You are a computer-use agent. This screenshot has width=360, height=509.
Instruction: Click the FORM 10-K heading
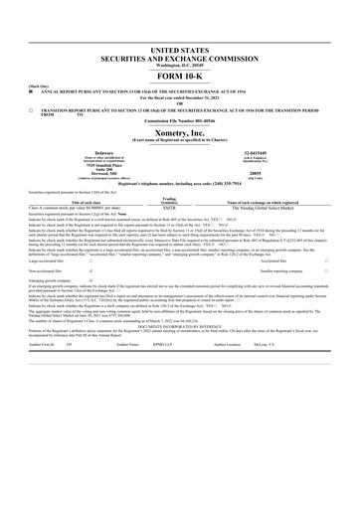click(x=179, y=77)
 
